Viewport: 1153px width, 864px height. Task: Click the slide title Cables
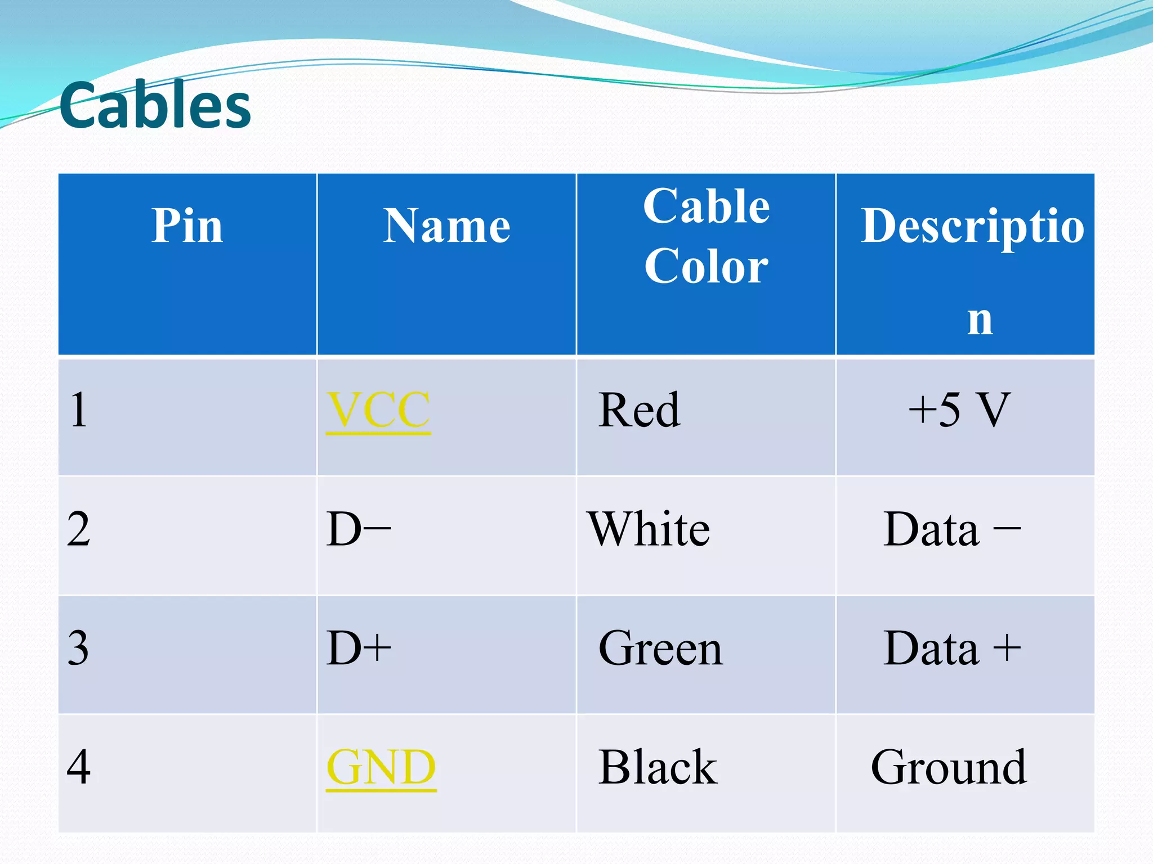pyautogui.click(x=155, y=106)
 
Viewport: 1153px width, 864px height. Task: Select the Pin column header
pyautogui.click(x=187, y=226)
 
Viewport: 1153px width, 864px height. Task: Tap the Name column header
pyautogui.click(x=446, y=226)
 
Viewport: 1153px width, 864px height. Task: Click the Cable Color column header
pyautogui.click(x=706, y=236)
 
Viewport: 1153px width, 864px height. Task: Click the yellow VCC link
pyautogui.click(x=378, y=410)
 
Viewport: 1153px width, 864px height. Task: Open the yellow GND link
pyautogui.click(x=381, y=767)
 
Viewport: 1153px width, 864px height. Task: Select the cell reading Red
pyautogui.click(x=639, y=410)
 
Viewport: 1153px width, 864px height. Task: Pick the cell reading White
pyautogui.click(x=649, y=529)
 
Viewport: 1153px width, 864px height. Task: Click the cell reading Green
pyautogui.click(x=660, y=649)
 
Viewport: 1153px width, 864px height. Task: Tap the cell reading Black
pyautogui.click(x=658, y=767)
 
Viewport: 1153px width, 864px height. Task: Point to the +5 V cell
pyautogui.click(x=959, y=410)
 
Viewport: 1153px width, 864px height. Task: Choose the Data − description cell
pyautogui.click(x=951, y=529)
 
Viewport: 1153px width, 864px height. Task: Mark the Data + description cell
pyautogui.click(x=951, y=649)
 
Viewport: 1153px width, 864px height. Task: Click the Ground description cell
pyautogui.click(x=949, y=767)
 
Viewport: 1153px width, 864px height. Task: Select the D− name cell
pyautogui.click(x=359, y=529)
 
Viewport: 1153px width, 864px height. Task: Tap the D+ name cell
pyautogui.click(x=359, y=649)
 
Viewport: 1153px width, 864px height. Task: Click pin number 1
pyautogui.click(x=79, y=410)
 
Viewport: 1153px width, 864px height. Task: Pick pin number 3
pyautogui.click(x=78, y=649)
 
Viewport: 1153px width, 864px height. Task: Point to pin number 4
pyautogui.click(x=78, y=767)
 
